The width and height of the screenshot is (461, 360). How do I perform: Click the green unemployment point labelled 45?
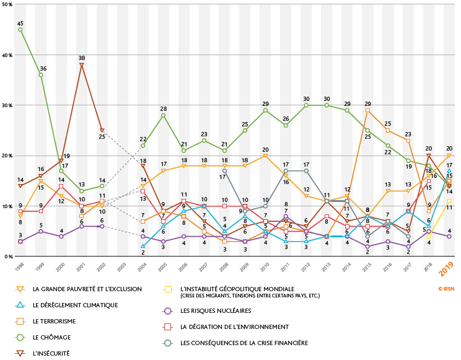coord(20,30)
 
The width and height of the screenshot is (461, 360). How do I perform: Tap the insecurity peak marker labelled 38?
coord(82,65)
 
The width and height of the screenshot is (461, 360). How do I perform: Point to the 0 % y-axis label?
coord(8,256)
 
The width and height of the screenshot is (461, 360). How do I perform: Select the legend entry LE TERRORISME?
coord(55,321)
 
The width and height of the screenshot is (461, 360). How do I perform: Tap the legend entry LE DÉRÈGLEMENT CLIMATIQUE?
coord(75,305)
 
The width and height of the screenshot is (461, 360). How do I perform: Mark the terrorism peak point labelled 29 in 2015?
coord(368,110)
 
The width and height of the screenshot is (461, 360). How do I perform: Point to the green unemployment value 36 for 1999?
coord(41,75)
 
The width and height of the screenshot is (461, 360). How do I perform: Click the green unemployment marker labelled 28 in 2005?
coord(164,115)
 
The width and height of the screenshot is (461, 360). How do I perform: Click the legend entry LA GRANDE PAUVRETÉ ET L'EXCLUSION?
coord(87,289)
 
